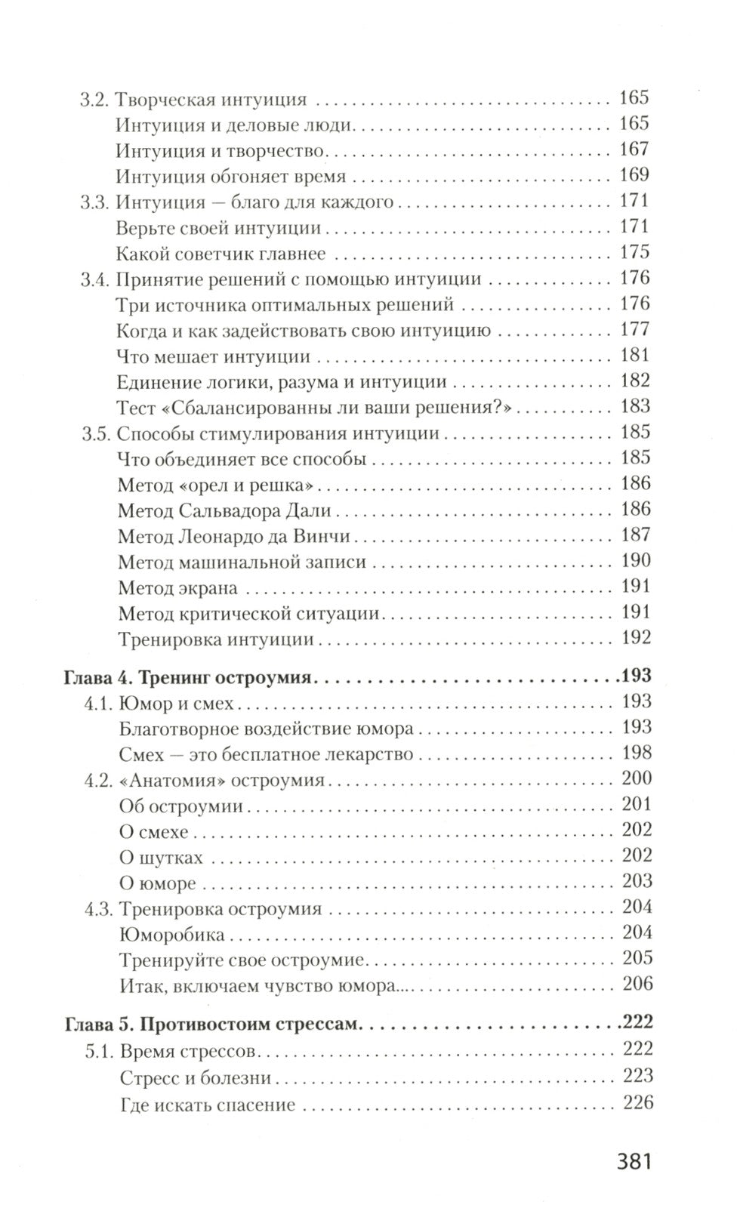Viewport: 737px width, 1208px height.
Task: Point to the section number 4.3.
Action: click(x=97, y=908)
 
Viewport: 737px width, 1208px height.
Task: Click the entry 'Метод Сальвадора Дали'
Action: click(x=225, y=510)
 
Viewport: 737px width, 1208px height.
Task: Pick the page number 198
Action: click(x=636, y=753)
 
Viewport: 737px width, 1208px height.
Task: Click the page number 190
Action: click(x=635, y=561)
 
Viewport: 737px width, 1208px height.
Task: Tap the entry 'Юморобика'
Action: click(x=172, y=935)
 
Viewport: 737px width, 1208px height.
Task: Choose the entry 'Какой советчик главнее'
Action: click(x=222, y=253)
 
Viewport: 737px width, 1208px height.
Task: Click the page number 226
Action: click(x=637, y=1103)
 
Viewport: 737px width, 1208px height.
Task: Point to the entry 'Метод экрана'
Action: click(x=178, y=587)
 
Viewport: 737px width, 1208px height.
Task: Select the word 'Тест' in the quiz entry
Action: click(x=136, y=407)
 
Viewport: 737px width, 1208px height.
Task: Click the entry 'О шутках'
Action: click(x=161, y=858)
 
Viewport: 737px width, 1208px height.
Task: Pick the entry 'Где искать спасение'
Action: click(x=207, y=1105)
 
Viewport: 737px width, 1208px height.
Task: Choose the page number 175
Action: click(x=634, y=253)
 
